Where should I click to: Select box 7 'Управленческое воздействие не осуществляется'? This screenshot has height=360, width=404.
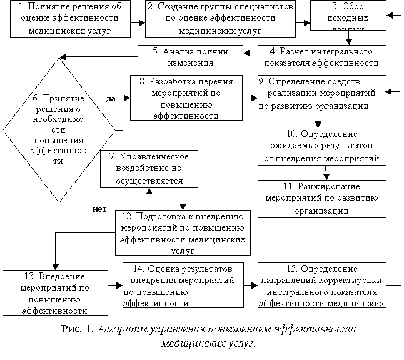149,169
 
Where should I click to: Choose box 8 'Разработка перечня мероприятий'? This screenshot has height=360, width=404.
186,97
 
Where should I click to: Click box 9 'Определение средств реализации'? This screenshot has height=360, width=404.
321,93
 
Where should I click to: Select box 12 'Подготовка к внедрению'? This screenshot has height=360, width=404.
183,232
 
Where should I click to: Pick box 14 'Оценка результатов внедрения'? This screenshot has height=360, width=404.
183,285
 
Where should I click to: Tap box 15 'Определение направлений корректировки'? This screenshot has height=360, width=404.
321,285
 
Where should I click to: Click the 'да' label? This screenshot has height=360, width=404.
111,98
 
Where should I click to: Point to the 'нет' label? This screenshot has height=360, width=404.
99,209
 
